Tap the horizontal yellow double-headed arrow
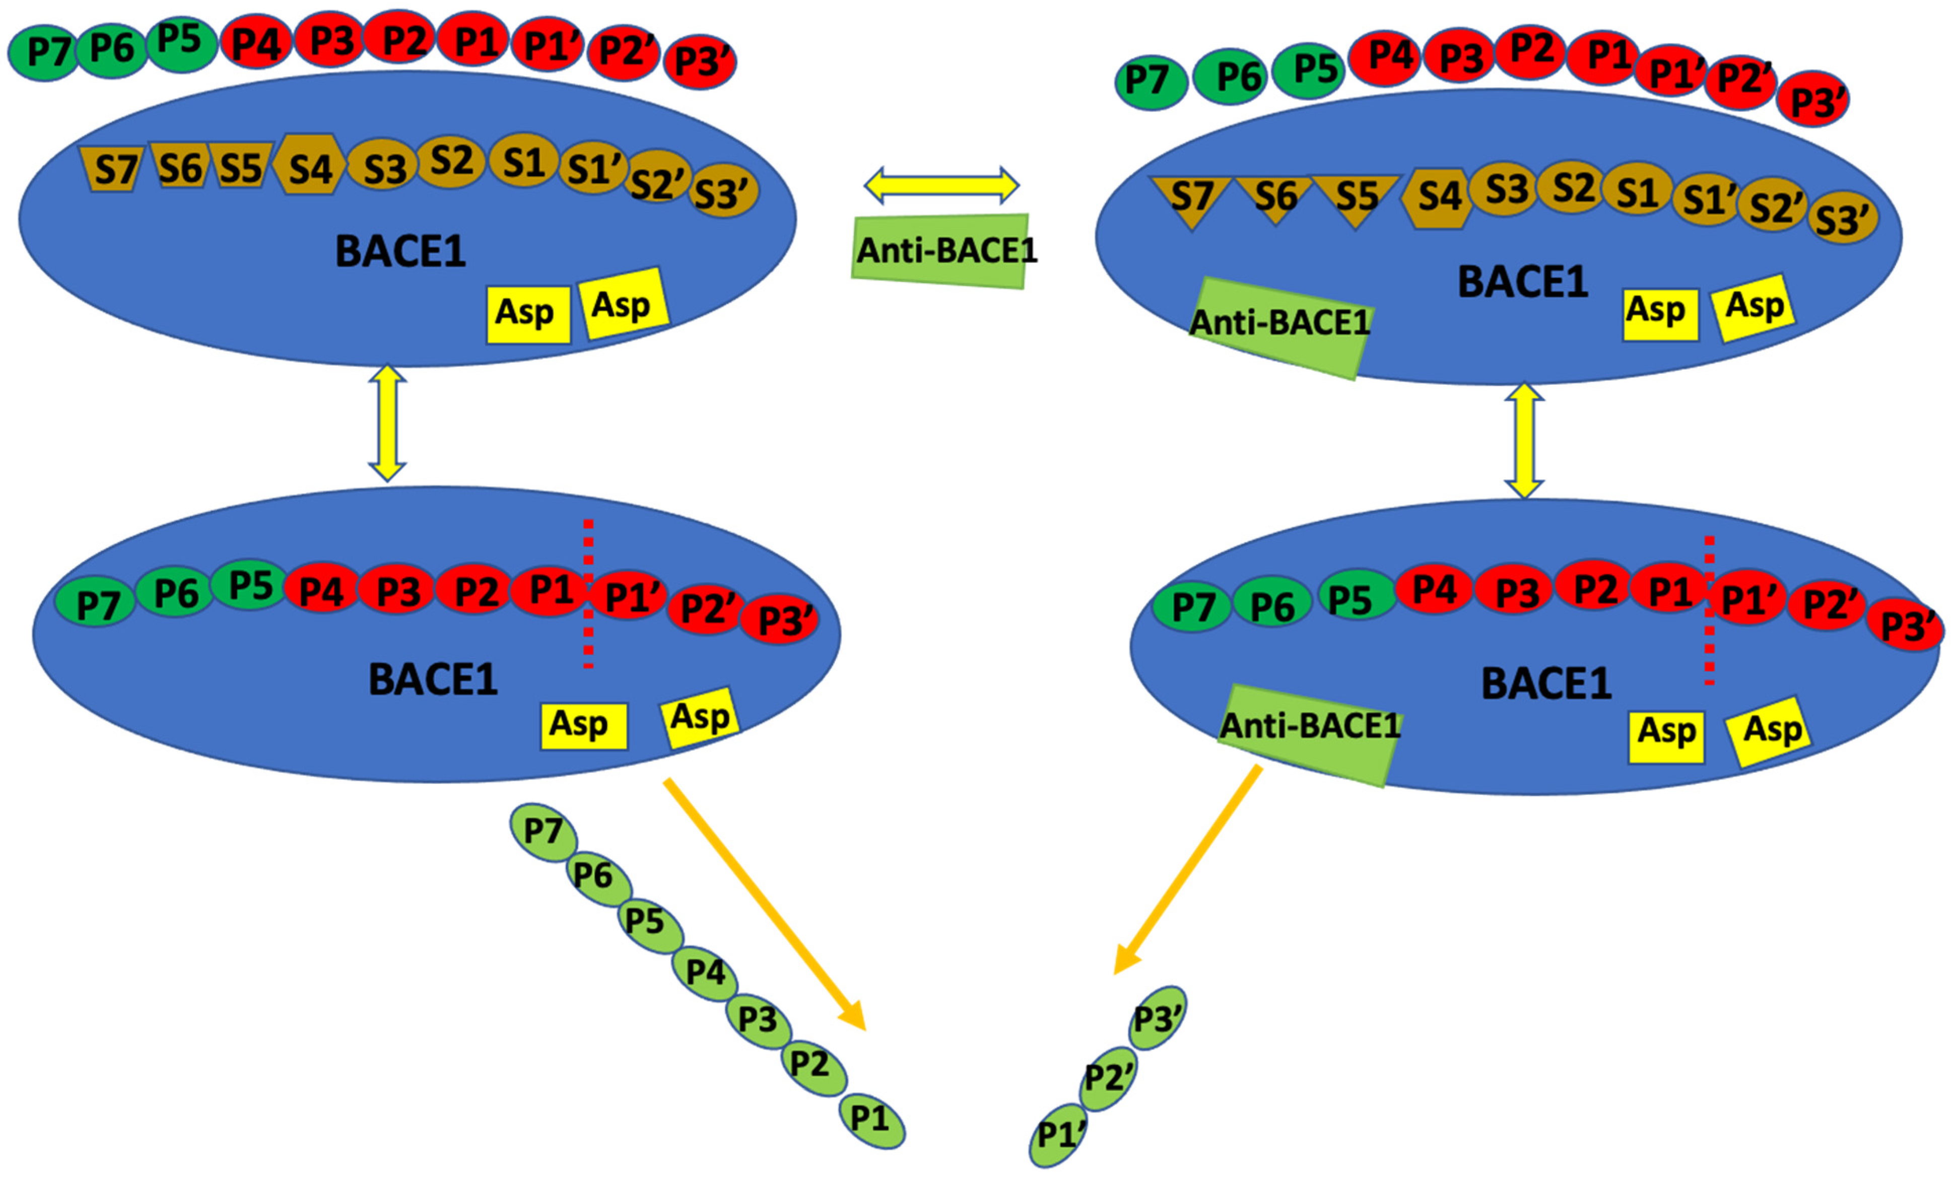tap(941, 185)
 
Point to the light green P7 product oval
tap(543, 831)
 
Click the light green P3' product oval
tap(1157, 1018)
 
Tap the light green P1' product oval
tap(1059, 1135)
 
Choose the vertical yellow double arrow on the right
tap(1524, 442)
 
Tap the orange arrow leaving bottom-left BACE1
tap(765, 906)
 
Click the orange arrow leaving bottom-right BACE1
tap(1187, 870)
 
